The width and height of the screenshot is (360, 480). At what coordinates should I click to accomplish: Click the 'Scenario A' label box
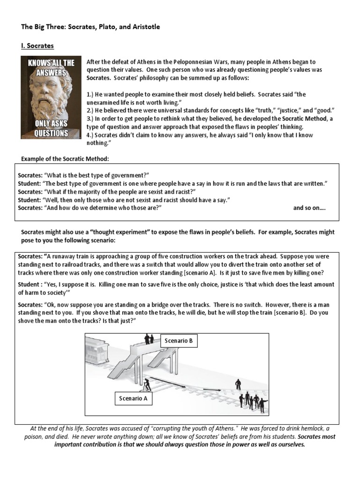[x=133, y=399]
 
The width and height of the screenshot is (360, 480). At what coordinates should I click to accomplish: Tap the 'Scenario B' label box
[x=179, y=341]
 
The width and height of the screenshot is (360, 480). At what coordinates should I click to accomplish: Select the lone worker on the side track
[x=238, y=384]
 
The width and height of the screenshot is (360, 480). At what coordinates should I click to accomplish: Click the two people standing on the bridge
[x=149, y=338]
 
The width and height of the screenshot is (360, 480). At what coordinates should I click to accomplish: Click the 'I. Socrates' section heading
[x=37, y=46]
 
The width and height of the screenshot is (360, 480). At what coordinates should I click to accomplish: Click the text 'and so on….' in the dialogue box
[x=309, y=208]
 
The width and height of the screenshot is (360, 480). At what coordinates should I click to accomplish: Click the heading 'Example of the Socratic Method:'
[x=65, y=159]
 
